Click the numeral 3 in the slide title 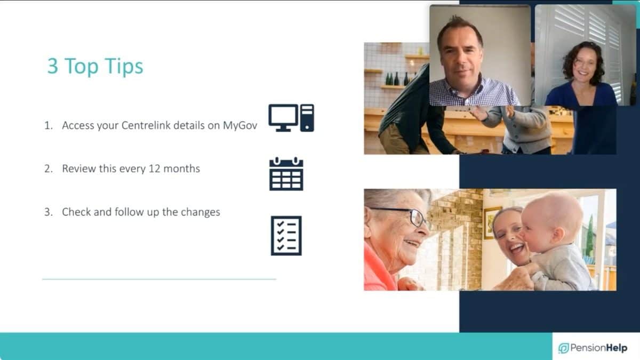(x=53, y=66)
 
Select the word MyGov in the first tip (x=240, y=126)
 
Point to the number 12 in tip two (x=154, y=169)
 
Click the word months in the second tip (x=182, y=169)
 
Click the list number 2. (x=49, y=169)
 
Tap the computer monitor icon (x=283, y=118)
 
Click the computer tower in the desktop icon (x=307, y=118)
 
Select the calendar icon (x=286, y=174)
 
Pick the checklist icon (x=286, y=236)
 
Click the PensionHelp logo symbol (x=563, y=348)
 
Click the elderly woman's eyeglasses (x=406, y=215)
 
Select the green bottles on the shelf (x=397, y=79)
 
